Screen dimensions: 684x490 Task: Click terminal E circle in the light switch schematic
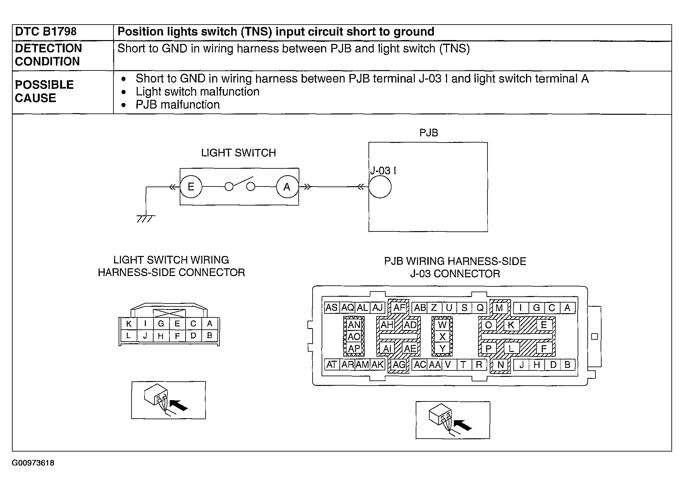click(191, 187)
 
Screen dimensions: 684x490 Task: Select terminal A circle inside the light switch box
click(287, 187)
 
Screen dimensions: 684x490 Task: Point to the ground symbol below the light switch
click(146, 219)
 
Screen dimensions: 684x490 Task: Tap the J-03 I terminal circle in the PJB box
click(380, 187)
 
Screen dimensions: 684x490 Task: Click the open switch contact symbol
click(240, 185)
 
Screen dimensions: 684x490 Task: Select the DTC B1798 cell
click(46, 32)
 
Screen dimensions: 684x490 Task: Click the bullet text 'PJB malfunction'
click(178, 105)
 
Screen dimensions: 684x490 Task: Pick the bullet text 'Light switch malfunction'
click(198, 92)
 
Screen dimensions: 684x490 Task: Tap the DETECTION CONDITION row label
click(48, 55)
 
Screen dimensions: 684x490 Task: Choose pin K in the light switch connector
click(129, 324)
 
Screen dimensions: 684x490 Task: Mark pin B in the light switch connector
click(209, 336)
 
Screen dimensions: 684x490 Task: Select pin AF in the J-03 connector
click(399, 307)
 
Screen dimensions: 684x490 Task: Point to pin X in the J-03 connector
click(443, 337)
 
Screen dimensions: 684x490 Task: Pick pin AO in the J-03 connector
click(354, 337)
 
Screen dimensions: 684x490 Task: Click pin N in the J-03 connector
click(501, 365)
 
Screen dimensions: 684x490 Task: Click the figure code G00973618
click(33, 463)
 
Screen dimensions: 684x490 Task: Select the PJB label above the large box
click(429, 133)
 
